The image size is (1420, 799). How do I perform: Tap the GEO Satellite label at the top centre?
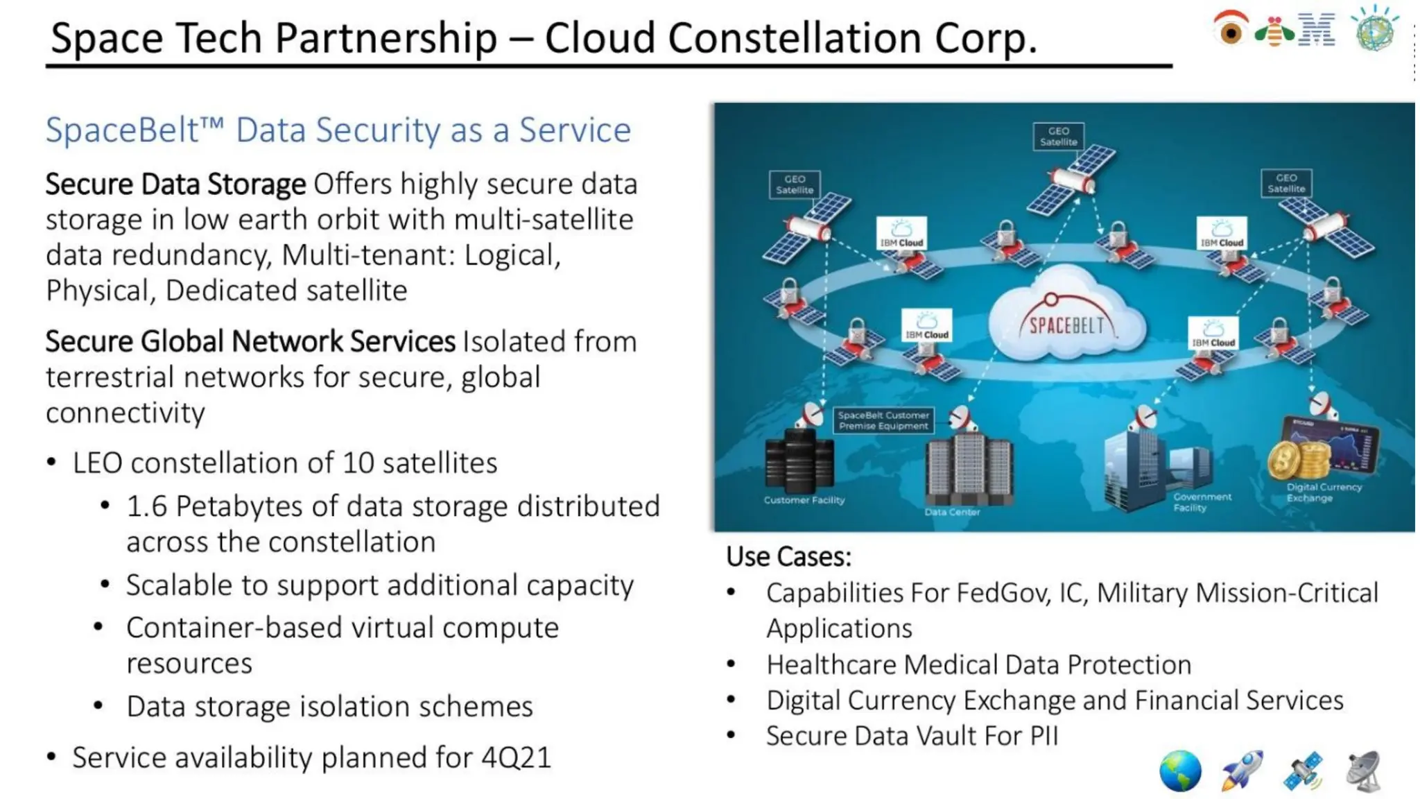(1058, 136)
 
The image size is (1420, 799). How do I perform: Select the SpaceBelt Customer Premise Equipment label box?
(883, 420)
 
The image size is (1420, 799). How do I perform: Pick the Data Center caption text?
(952, 512)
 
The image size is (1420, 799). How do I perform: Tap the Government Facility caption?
(1202, 502)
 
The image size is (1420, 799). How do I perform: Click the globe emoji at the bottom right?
(1180, 771)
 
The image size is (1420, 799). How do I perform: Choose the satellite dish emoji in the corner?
(1364, 771)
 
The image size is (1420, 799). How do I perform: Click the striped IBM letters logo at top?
(1317, 30)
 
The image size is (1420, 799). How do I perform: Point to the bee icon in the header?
(1274, 31)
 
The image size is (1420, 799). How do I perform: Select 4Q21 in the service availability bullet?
(516, 757)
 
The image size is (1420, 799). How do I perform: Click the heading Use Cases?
(788, 556)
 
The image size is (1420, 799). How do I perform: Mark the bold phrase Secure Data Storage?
(175, 184)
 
